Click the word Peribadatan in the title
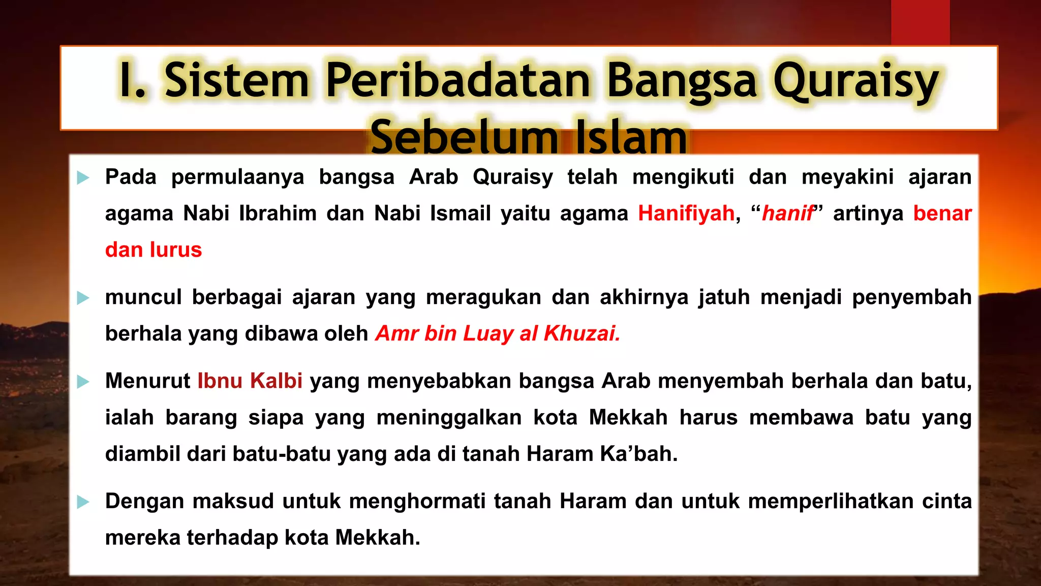457,80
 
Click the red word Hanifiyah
686,214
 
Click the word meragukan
483,298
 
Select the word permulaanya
237,178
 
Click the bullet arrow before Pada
83,178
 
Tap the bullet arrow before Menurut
83,382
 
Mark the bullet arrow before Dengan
83,503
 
